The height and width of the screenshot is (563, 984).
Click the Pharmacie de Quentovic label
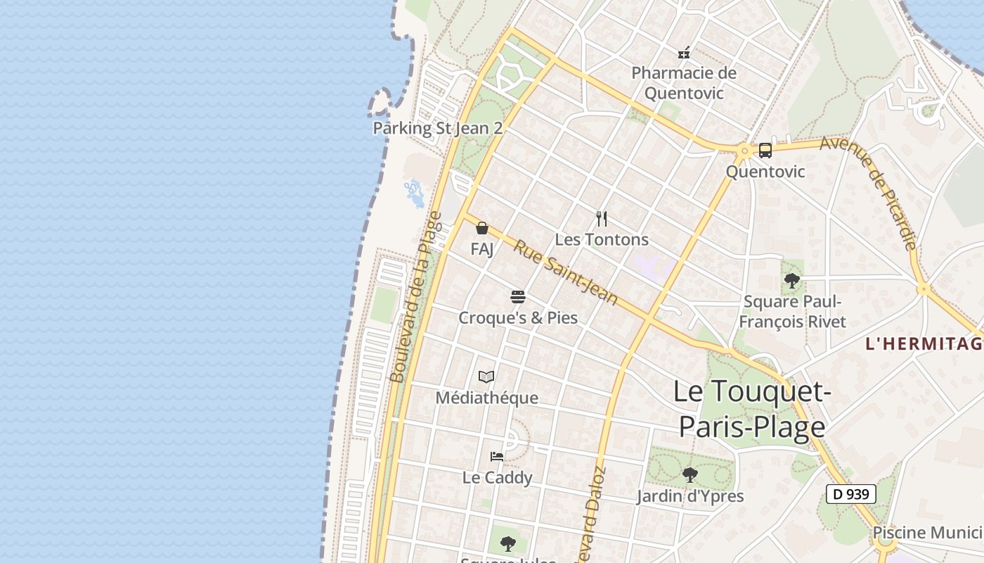pyautogui.click(x=684, y=83)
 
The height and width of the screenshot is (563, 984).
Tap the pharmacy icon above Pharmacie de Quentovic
pyautogui.click(x=684, y=52)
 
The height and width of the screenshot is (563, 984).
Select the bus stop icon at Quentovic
pyautogui.click(x=765, y=150)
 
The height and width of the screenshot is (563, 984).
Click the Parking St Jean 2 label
pyautogui.click(x=438, y=128)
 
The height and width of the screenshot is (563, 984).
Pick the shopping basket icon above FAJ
pyautogui.click(x=482, y=228)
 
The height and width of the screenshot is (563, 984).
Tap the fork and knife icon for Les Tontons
pyautogui.click(x=601, y=218)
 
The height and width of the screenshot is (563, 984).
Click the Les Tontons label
pyautogui.click(x=602, y=239)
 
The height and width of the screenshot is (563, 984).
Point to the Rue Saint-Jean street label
pyautogui.click(x=566, y=272)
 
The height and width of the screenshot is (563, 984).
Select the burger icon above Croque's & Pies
pyautogui.click(x=518, y=297)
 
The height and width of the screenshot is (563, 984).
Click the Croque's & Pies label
pyautogui.click(x=518, y=318)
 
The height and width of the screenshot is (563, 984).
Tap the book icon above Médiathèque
pyautogui.click(x=486, y=377)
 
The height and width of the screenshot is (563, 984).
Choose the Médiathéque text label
pyautogui.click(x=486, y=398)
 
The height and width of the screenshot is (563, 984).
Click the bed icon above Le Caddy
pyautogui.click(x=497, y=456)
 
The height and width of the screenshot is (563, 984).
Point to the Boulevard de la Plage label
pyautogui.click(x=415, y=297)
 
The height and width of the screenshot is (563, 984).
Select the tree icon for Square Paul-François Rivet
pyautogui.click(x=792, y=281)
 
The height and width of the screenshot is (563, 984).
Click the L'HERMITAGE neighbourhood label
pyautogui.click(x=924, y=343)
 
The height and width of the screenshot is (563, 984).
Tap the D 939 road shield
pyautogui.click(x=850, y=494)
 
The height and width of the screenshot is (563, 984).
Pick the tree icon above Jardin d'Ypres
pyautogui.click(x=690, y=475)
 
